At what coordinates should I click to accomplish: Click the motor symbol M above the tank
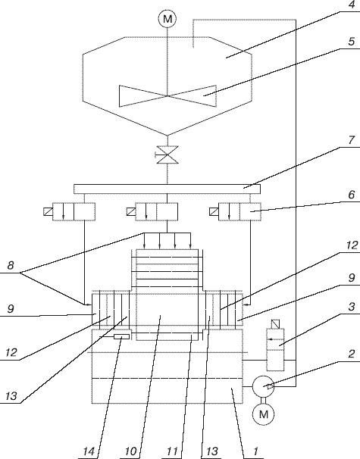(x=167, y=19)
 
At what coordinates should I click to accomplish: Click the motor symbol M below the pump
(x=263, y=414)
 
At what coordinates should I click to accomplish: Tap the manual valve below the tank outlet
(x=167, y=155)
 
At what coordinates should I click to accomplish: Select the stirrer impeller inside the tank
(x=167, y=95)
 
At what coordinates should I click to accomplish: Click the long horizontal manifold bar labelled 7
(x=167, y=189)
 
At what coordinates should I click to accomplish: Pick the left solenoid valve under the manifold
(x=69, y=211)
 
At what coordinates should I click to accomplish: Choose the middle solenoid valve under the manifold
(x=152, y=211)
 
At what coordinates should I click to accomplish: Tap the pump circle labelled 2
(x=263, y=386)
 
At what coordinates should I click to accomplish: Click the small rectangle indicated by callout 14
(x=121, y=336)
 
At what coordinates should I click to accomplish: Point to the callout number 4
(x=352, y=5)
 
